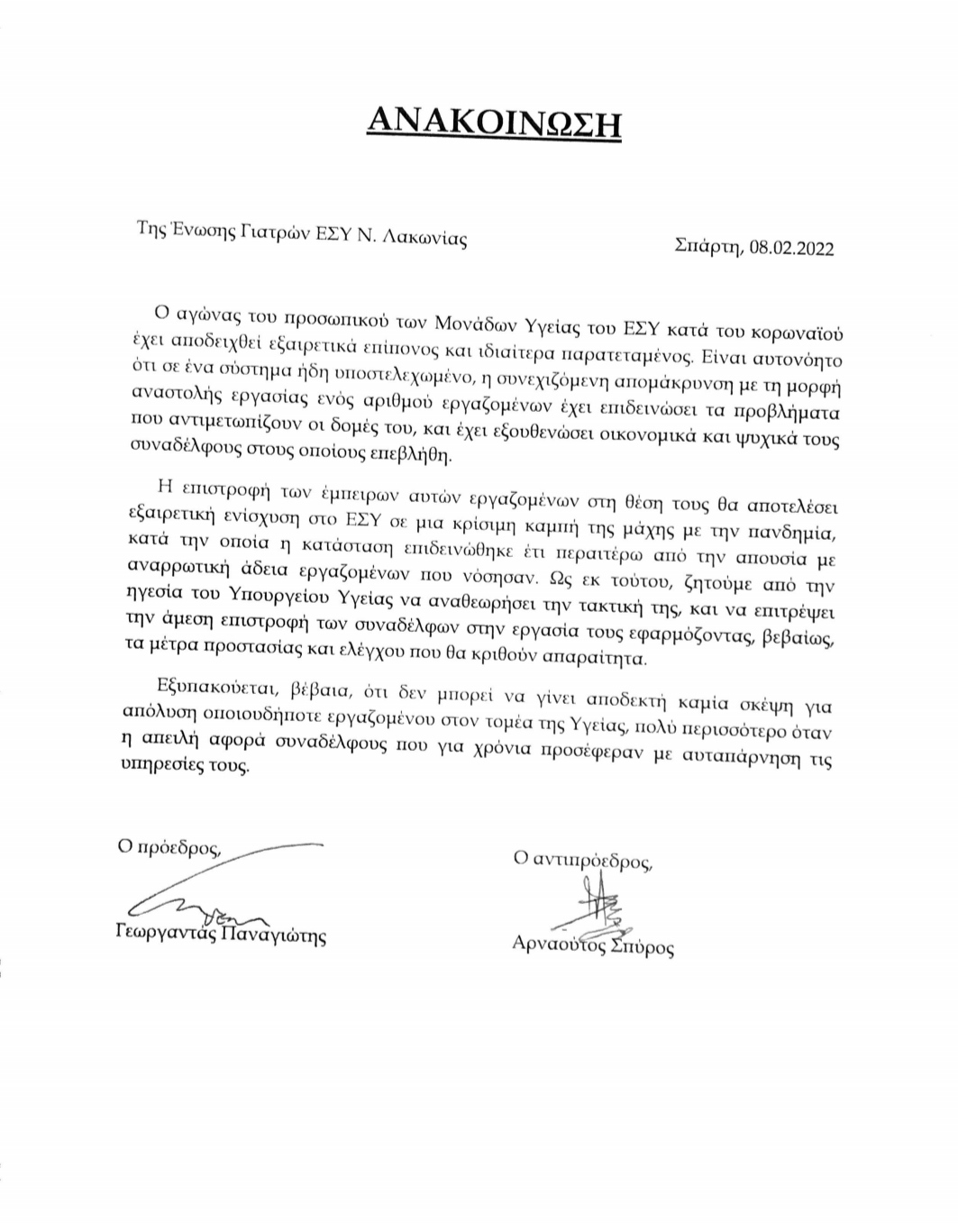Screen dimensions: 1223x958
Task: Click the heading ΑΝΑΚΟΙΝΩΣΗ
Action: [x=494, y=120]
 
